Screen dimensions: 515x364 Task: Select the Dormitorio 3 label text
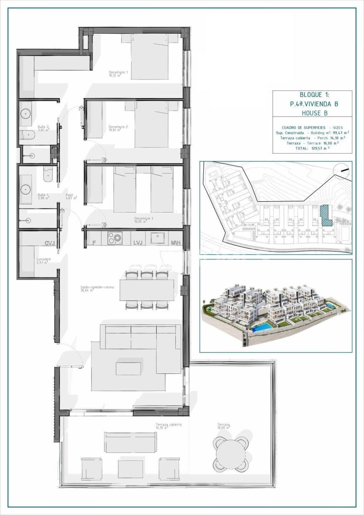(x=144, y=220)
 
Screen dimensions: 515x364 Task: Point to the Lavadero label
(x=43, y=261)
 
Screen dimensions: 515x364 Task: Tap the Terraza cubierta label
(x=169, y=426)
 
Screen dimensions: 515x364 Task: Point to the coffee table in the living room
(x=128, y=369)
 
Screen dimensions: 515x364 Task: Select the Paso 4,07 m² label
(x=71, y=197)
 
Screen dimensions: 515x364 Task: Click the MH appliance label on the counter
(x=176, y=243)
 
